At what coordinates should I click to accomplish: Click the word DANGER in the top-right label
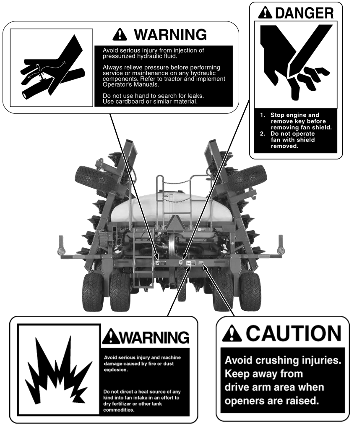pyautogui.click(x=305, y=13)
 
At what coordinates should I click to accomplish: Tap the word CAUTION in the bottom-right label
pyautogui.click(x=293, y=333)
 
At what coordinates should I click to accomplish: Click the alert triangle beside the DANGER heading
pyautogui.click(x=265, y=13)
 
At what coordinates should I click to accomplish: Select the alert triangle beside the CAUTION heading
pyautogui.click(x=232, y=333)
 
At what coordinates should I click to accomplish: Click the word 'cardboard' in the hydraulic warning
pyautogui.click(x=128, y=102)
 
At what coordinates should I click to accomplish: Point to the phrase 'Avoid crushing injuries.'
pyautogui.click(x=283, y=360)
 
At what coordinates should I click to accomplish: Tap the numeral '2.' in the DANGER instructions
pyautogui.click(x=262, y=134)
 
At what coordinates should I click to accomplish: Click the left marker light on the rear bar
pyautogui.click(x=60, y=251)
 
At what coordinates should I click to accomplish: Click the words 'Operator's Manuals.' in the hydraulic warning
pyautogui.click(x=131, y=85)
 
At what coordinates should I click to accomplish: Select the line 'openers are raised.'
pyautogui.click(x=271, y=401)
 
